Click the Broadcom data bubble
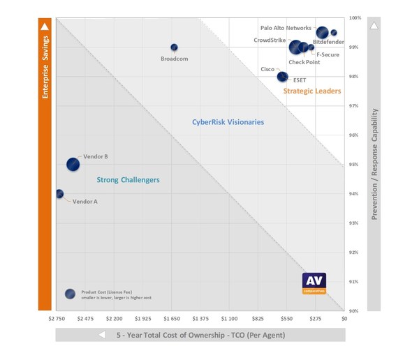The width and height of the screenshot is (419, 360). tap(174, 47)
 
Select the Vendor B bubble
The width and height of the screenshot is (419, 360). tap(73, 165)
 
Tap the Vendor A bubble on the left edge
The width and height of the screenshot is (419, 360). tap(59, 194)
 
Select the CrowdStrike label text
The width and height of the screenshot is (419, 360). tap(270, 40)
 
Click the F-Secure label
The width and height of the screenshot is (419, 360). tap(328, 54)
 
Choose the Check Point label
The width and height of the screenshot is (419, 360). tap(305, 62)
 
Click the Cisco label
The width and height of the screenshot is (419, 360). tap(267, 69)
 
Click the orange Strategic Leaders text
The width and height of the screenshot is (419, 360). tap(312, 91)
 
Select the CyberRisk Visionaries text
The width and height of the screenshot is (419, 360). tap(228, 122)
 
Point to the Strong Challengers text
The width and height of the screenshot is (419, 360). tap(128, 180)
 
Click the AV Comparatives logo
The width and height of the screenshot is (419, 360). tap(314, 283)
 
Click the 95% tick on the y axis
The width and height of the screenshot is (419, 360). tap(354, 165)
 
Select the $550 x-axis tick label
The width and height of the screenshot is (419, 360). tap(286, 318)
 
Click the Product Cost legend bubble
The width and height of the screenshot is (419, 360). tap(70, 294)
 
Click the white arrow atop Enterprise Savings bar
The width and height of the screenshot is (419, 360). tap(45, 25)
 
